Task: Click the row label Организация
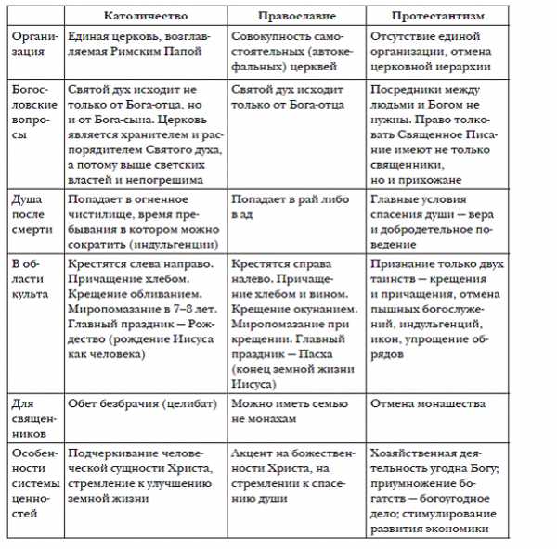(36, 43)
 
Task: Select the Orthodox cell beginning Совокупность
(293, 43)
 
